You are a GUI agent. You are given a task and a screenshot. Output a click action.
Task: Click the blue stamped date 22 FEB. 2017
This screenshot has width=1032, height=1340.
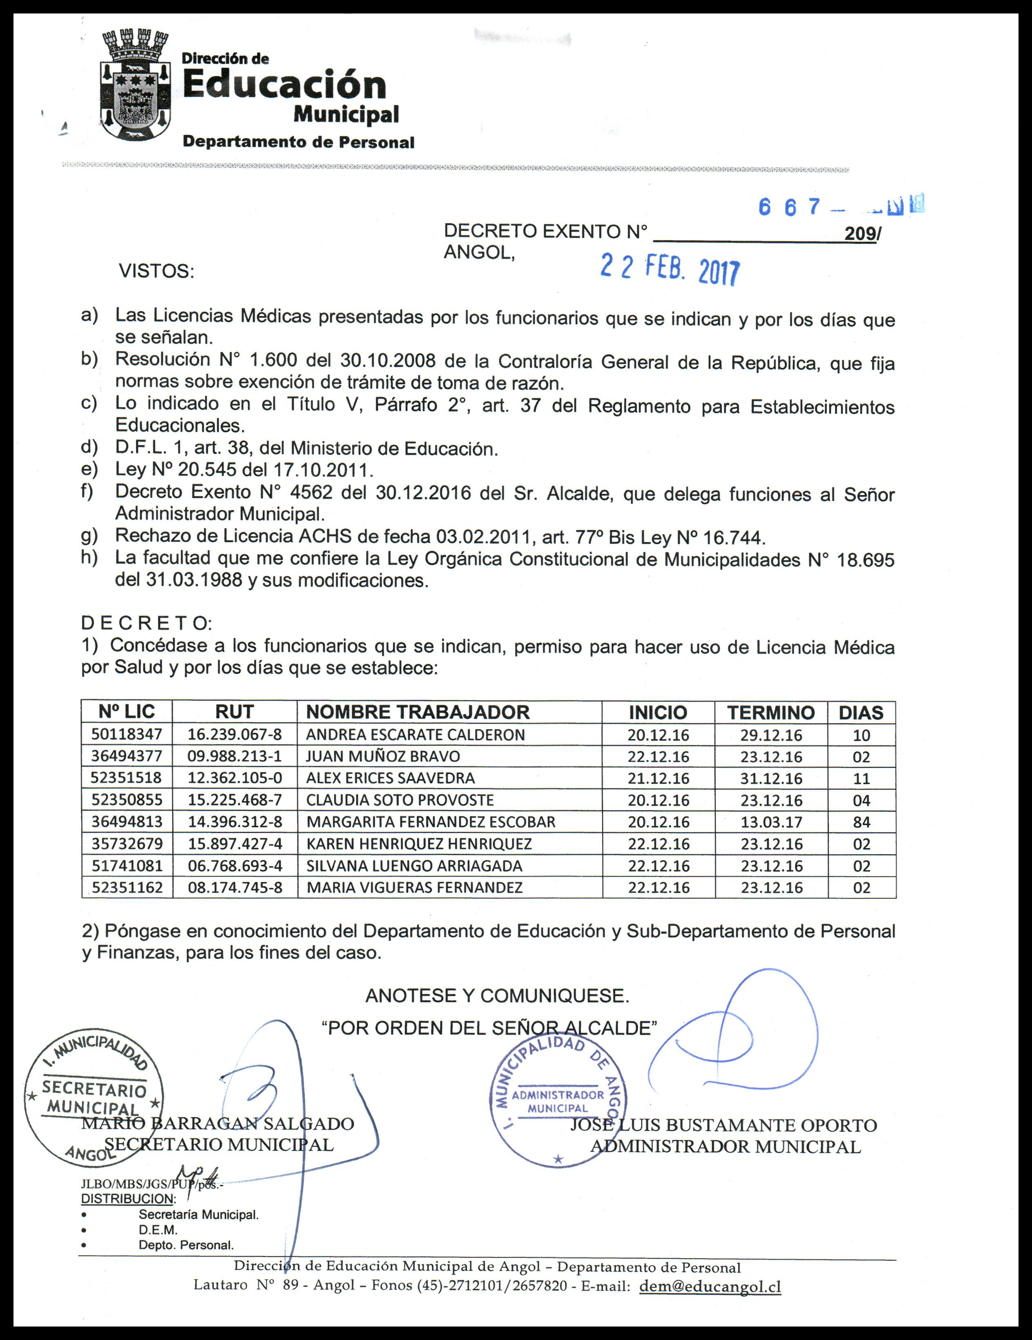click(670, 270)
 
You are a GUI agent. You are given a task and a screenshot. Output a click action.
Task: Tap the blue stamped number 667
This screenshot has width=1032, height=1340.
click(789, 208)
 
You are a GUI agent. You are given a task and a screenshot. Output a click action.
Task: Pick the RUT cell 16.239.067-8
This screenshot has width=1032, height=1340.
click(235, 735)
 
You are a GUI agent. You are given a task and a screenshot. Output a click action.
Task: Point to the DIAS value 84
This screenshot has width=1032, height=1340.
click(862, 822)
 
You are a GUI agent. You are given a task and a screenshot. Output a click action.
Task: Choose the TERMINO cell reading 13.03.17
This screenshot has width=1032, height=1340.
click(771, 822)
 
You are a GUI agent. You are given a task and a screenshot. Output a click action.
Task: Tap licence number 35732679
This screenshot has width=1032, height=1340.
click(127, 844)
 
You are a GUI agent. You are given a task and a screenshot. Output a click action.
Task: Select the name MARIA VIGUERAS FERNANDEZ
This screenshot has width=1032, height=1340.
click(415, 887)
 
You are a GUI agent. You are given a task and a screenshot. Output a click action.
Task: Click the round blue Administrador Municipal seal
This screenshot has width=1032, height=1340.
click(558, 1101)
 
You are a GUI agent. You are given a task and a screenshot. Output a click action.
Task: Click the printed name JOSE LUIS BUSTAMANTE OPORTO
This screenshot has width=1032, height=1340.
click(724, 1125)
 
